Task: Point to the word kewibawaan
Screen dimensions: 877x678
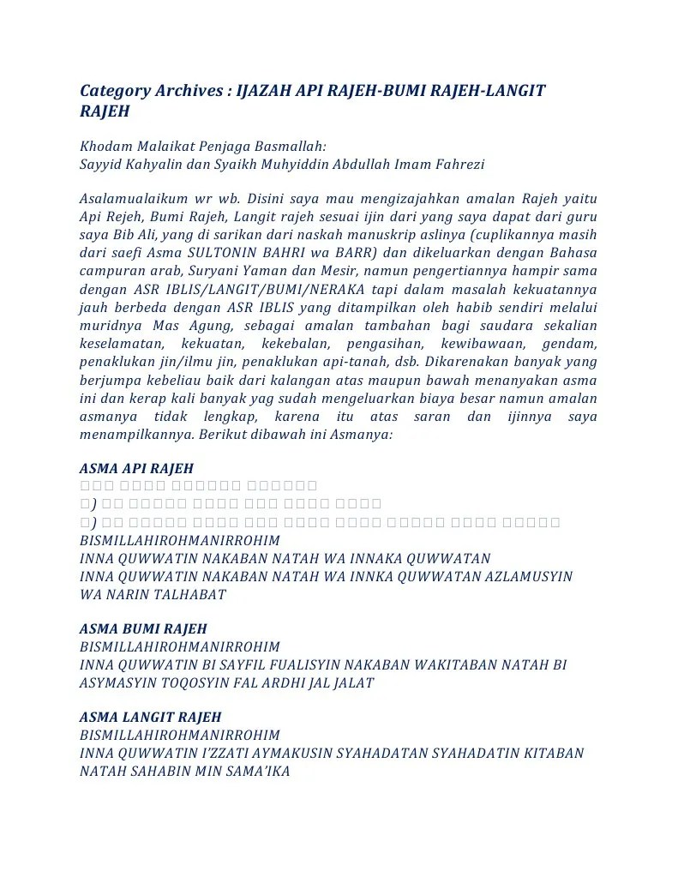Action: point(459,344)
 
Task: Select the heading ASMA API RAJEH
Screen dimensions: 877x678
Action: point(136,468)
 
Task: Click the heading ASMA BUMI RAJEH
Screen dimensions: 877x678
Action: point(143,628)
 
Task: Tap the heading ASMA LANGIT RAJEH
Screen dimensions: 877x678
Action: point(150,717)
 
